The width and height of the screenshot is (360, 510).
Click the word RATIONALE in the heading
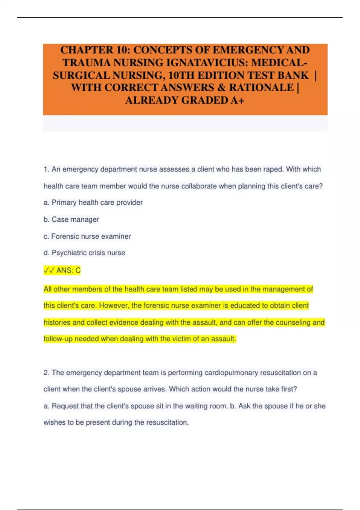pyautogui.click(x=261, y=87)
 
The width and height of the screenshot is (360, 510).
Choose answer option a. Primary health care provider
pyautogui.click(x=93, y=202)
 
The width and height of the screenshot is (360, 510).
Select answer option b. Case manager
pyautogui.click(x=71, y=219)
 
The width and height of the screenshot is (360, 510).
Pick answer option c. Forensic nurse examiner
pyautogui.click(x=87, y=236)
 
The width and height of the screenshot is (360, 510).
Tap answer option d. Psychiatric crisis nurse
pyautogui.click(x=84, y=253)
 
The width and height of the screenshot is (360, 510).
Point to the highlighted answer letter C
pyautogui.click(x=78, y=270)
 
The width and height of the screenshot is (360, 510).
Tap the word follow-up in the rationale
pyautogui.click(x=58, y=339)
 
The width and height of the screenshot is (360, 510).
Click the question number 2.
pyautogui.click(x=46, y=373)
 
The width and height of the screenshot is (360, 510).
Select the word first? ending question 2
pyautogui.click(x=289, y=389)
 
